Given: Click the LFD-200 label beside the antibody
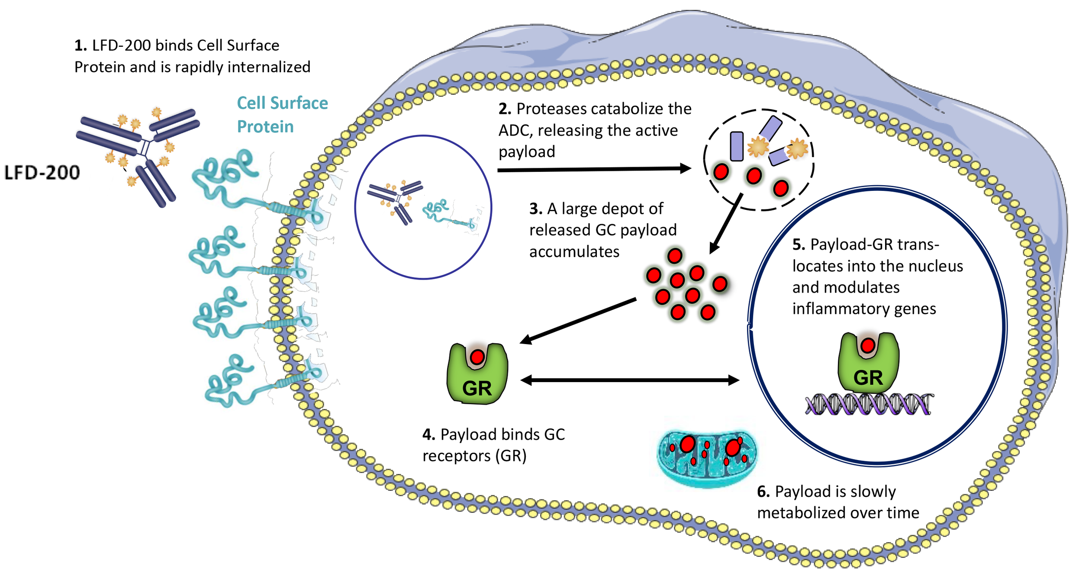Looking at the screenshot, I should coord(42,172).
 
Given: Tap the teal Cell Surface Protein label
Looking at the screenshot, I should coord(282,115).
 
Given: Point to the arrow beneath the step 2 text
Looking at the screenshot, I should coord(593,169).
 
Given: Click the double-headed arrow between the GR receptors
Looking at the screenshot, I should coord(630,380).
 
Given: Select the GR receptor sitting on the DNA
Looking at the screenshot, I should coord(868,364).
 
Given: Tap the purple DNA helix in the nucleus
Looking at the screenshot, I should coord(868,405).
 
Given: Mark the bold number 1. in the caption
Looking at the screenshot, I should coord(81,45).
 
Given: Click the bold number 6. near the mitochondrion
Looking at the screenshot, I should coord(763,492).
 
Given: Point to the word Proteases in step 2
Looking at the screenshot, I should coord(546,109).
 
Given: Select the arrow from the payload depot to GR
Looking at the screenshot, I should coord(578,321).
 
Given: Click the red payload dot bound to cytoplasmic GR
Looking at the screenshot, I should coord(477,357).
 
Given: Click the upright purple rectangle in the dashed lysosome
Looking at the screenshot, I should coord(737,146).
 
